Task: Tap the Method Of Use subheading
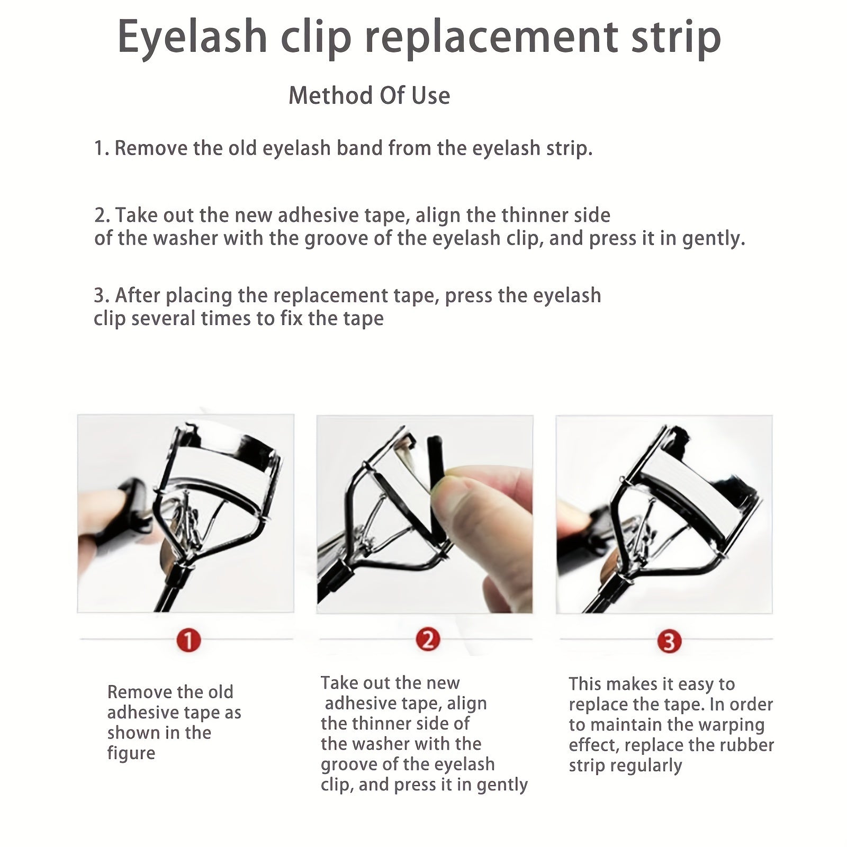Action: pyautogui.click(x=369, y=96)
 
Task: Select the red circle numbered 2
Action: pyautogui.click(x=428, y=640)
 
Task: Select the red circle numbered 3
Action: pyautogui.click(x=669, y=642)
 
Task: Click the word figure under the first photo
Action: pyautogui.click(x=131, y=753)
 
